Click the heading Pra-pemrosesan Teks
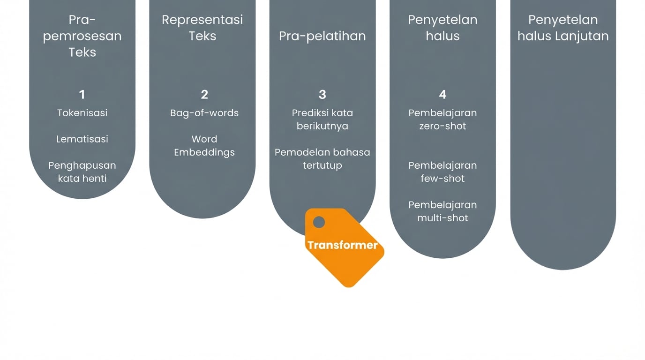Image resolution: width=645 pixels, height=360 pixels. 82,36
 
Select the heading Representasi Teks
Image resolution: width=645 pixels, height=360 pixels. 202,28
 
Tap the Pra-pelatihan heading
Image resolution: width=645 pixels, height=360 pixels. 322,36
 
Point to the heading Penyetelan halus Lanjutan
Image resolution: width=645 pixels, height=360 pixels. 562,28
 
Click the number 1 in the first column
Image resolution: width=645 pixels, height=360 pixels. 82,95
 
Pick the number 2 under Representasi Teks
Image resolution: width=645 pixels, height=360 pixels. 204,95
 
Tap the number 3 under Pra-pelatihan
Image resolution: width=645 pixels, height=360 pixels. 322,95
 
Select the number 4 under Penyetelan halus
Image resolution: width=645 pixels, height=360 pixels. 442,95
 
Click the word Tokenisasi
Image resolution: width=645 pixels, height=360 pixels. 82,113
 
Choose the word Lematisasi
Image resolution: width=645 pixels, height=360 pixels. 82,139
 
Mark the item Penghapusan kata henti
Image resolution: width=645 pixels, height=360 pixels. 82,172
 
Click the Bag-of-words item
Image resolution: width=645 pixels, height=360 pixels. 204,113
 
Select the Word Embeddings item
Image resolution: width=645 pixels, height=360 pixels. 204,145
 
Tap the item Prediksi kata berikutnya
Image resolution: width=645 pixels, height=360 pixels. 322,120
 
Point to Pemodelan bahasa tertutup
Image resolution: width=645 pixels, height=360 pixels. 322,158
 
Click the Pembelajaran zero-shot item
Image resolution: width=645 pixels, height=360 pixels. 442,120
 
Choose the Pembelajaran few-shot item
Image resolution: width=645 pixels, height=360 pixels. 442,172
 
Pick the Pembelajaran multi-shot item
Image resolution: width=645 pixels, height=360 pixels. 442,211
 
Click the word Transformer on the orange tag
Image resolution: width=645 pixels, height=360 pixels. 342,245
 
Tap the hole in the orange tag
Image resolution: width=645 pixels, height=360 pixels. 319,222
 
